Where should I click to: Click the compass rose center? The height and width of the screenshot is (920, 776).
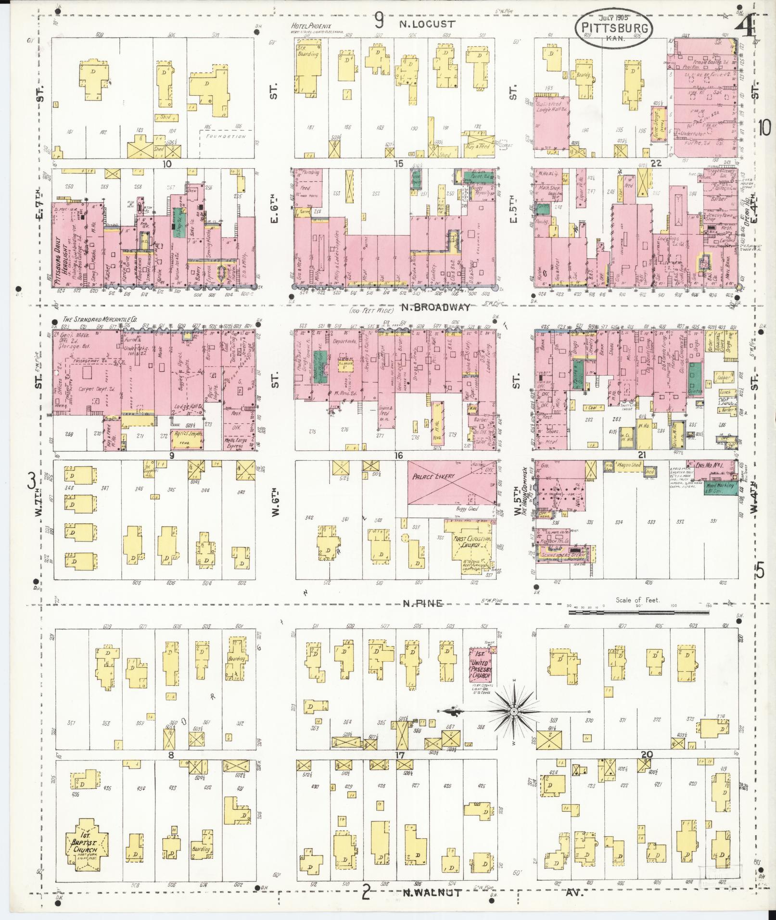513,711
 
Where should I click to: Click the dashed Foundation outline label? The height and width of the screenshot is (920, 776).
226,137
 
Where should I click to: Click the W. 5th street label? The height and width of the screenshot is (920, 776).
517,500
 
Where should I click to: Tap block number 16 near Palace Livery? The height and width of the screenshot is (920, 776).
397,455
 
